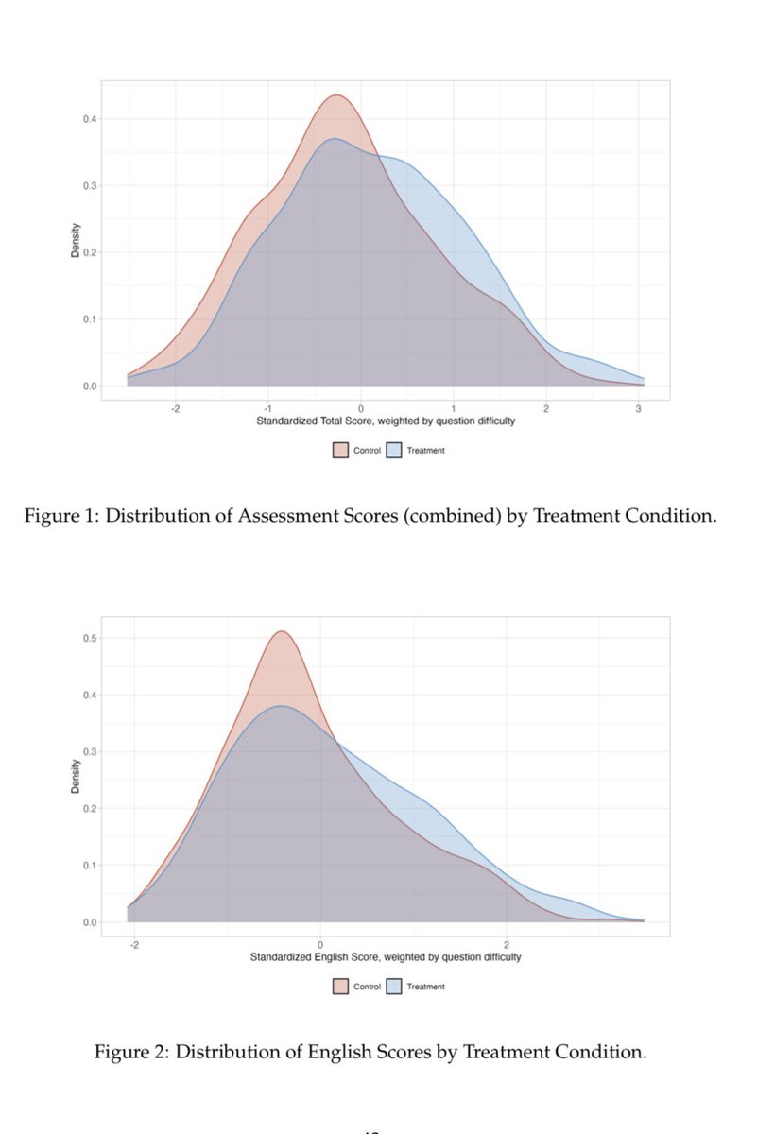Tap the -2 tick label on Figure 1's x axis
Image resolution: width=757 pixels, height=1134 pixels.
tap(175, 408)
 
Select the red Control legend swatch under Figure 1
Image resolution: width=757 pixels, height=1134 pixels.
tap(341, 450)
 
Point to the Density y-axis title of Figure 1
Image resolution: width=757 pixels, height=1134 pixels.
tap(77, 240)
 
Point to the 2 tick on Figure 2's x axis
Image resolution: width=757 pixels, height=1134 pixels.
tap(507, 944)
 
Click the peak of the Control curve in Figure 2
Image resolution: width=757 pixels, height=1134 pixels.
tap(281, 631)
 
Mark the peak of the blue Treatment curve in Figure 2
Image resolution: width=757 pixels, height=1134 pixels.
tap(281, 706)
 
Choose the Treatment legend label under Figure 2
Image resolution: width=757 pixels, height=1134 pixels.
tap(425, 986)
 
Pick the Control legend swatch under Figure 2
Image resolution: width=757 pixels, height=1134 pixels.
tap(341, 986)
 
